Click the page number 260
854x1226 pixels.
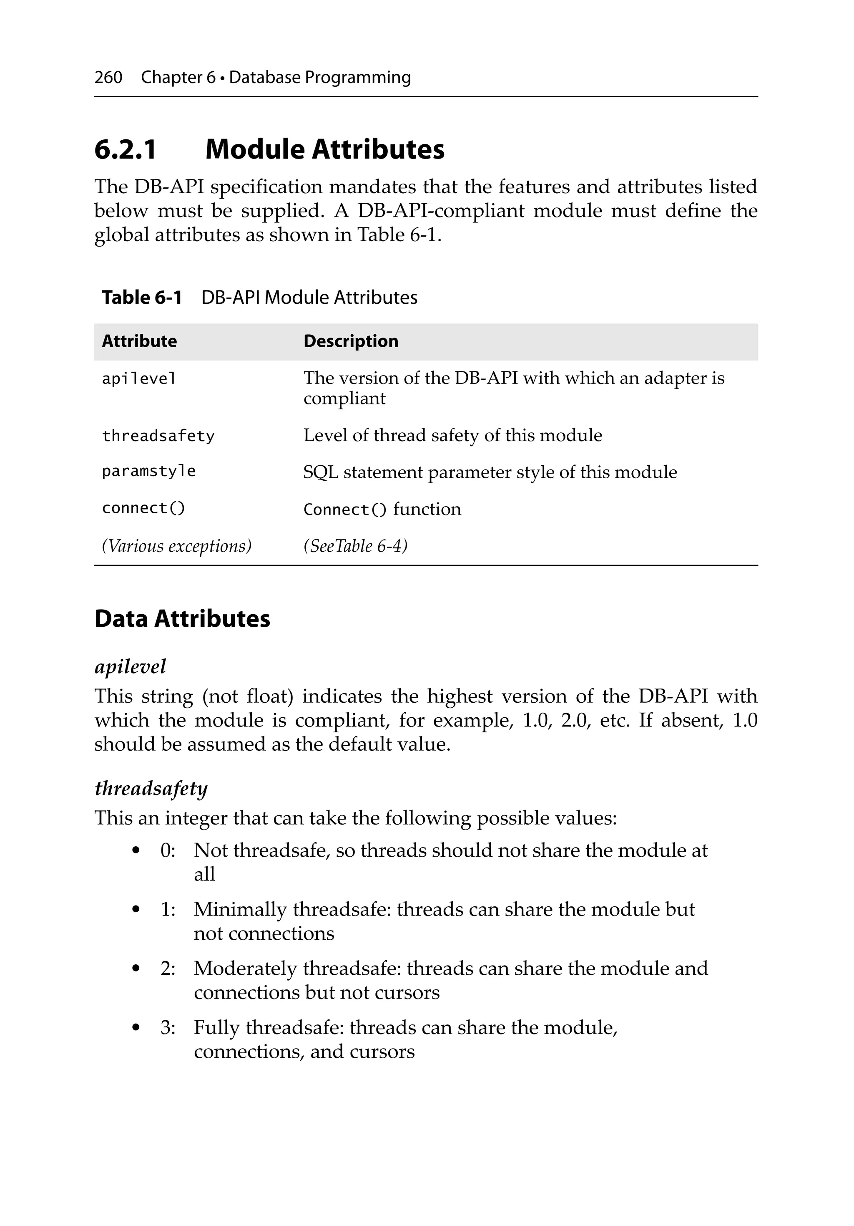click(108, 78)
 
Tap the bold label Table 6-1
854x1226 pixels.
click(142, 298)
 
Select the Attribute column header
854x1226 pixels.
click(139, 341)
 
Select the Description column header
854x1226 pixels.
click(351, 341)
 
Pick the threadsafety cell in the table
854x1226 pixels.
click(158, 436)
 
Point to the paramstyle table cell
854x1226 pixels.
click(148, 471)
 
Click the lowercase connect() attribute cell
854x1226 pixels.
click(143, 508)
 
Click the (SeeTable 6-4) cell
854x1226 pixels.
click(355, 546)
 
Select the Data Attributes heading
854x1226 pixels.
click(182, 619)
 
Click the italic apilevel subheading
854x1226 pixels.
click(130, 666)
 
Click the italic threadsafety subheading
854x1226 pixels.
click(151, 788)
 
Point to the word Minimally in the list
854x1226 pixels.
click(240, 909)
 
